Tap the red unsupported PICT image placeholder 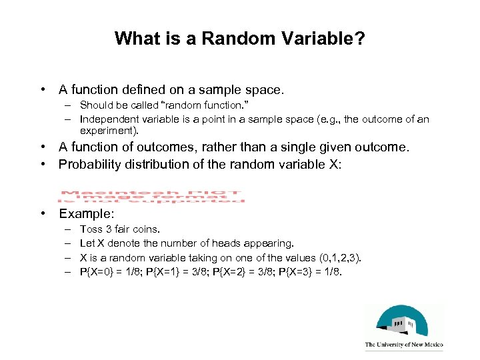coord(151,192)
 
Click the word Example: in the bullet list coord(87,214)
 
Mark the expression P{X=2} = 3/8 coord(247,271)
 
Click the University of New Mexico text coord(403,345)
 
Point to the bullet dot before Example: coord(43,214)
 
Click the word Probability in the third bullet coord(89,164)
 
